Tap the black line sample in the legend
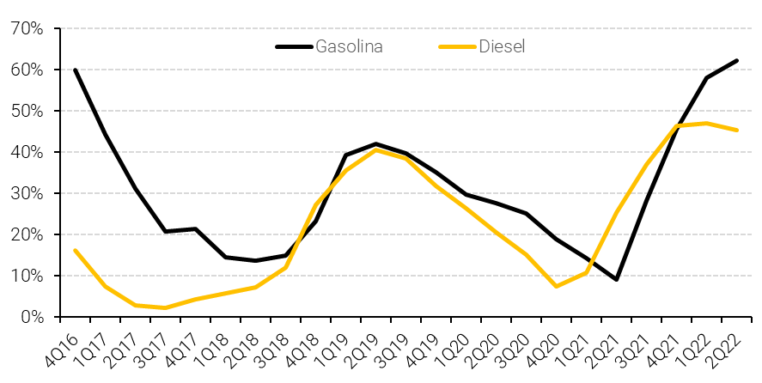coord(294,46)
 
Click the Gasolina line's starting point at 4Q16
coord(76,70)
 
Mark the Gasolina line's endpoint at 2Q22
coord(736,60)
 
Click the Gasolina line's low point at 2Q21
coord(617,279)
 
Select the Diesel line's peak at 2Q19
coord(376,149)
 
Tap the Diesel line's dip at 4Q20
coord(557,286)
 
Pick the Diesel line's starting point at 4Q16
coord(76,250)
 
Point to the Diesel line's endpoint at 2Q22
coord(736,131)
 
